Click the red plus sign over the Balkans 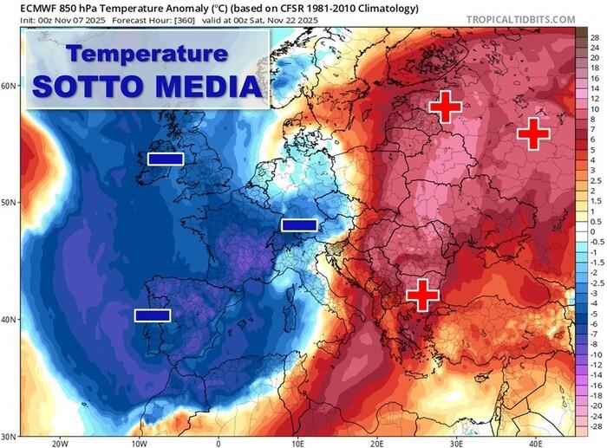422,295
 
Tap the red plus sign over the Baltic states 446,107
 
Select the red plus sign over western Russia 533,133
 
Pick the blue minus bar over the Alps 299,225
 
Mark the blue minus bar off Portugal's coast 153,315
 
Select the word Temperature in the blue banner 147,54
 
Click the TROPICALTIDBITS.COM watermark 520,19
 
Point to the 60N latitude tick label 10,87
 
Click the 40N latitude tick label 10,320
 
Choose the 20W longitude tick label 59,441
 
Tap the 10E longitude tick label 297,441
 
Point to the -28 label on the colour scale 595,427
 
